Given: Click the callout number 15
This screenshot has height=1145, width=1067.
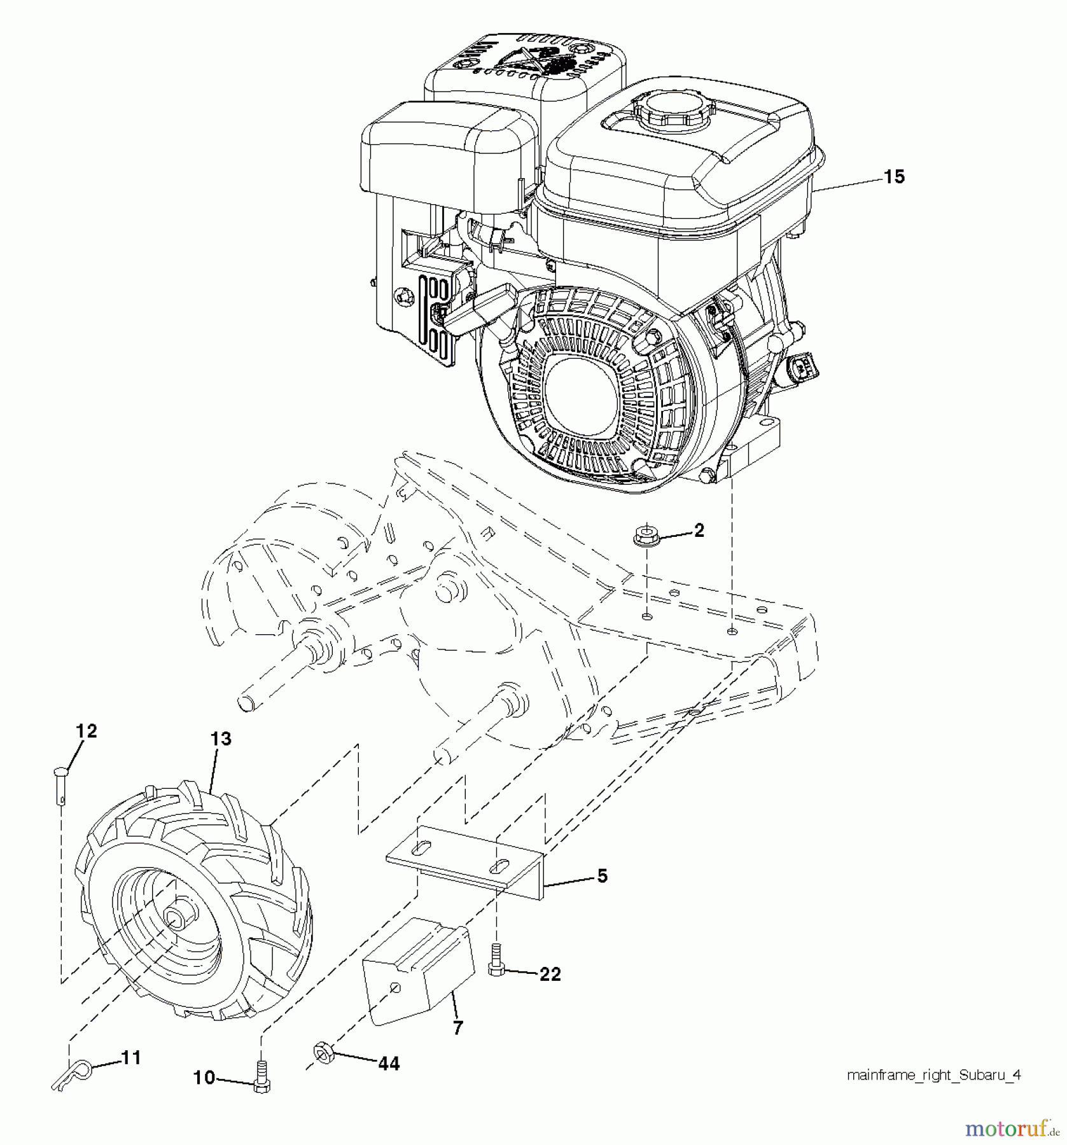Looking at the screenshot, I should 894,177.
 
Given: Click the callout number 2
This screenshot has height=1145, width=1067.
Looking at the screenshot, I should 699,531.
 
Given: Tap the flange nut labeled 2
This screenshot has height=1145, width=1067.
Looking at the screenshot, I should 646,536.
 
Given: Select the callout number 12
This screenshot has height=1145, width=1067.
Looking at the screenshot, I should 87,732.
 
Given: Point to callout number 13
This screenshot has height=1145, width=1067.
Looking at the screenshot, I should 221,739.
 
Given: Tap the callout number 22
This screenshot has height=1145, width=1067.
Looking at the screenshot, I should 550,974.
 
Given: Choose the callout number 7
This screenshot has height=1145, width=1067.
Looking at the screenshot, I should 457,1027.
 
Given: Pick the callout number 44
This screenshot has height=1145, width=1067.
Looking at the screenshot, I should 389,1063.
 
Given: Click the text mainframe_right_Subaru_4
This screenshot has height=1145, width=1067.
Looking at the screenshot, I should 934,1075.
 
